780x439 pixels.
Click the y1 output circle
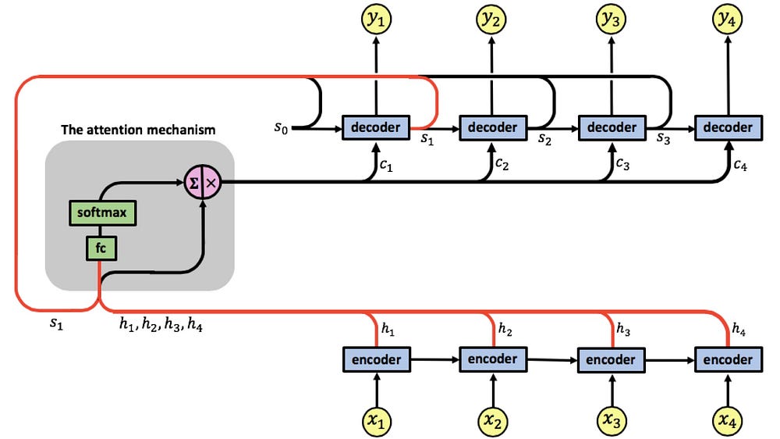(376, 20)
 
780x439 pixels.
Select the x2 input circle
(492, 421)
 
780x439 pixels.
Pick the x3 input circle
(612, 421)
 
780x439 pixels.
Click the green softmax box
(102, 212)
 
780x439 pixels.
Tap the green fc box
(101, 248)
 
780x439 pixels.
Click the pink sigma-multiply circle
(203, 183)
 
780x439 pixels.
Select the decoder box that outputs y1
(376, 127)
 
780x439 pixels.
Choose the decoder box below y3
(612, 127)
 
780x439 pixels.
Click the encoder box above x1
(377, 360)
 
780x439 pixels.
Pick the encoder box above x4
(728, 360)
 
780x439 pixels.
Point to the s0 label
(281, 128)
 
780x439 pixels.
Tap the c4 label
(740, 165)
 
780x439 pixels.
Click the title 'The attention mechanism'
(138, 130)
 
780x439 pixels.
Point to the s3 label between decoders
(663, 138)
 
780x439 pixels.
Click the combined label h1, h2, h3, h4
(161, 324)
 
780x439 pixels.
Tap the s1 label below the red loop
(56, 324)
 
